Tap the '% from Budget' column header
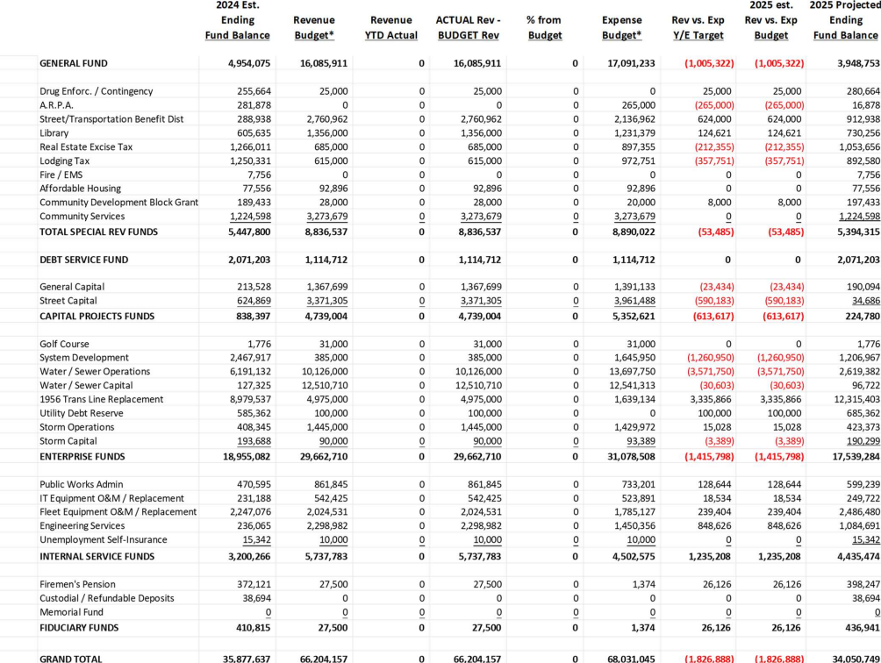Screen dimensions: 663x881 coord(544,27)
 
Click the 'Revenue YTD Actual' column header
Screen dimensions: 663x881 coord(391,27)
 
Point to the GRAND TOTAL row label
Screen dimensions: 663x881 coord(71,658)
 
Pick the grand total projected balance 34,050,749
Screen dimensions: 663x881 coord(846,658)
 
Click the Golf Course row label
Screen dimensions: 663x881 coord(64,345)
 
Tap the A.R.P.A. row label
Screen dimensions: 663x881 coord(57,105)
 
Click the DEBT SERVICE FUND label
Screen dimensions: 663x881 coord(83,260)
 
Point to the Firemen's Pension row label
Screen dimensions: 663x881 coord(77,585)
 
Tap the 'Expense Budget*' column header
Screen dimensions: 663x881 coord(622,27)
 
